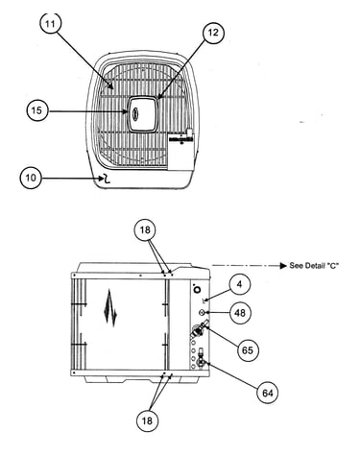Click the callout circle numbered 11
[x=51, y=22]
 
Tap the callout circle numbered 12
[x=213, y=33]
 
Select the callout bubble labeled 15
[x=37, y=110]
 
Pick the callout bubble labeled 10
[x=31, y=178]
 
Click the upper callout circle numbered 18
[x=145, y=229]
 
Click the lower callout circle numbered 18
[x=147, y=420]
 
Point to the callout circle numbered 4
[x=240, y=284]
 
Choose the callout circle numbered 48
[x=240, y=312]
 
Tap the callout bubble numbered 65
[x=248, y=350]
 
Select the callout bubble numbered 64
[x=268, y=393]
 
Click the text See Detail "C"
[x=314, y=266]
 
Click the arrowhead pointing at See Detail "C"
[x=283, y=266]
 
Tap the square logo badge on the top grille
[x=143, y=113]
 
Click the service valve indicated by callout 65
[x=199, y=329]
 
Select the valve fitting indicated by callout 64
[x=202, y=358]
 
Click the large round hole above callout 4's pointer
[x=198, y=289]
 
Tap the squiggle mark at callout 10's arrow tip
[x=106, y=180]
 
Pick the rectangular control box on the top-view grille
[x=181, y=151]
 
